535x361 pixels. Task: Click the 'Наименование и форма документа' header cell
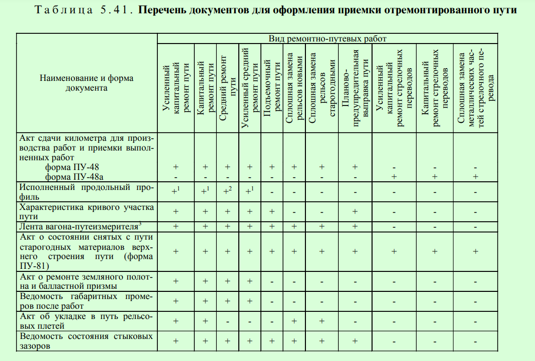coord(86,83)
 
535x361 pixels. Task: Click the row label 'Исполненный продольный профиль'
coord(86,192)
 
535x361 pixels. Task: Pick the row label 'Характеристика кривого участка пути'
coord(86,211)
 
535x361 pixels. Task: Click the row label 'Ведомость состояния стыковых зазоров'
coord(86,341)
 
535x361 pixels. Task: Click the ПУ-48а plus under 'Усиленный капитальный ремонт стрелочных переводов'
coord(394,176)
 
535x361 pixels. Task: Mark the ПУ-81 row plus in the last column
coord(476,251)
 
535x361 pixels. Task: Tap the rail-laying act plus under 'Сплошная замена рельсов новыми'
coord(294,321)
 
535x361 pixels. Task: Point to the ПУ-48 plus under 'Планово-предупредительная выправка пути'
coord(355,167)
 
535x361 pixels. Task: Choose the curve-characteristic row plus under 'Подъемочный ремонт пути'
coord(272,211)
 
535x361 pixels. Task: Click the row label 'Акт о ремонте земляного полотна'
coord(86,281)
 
